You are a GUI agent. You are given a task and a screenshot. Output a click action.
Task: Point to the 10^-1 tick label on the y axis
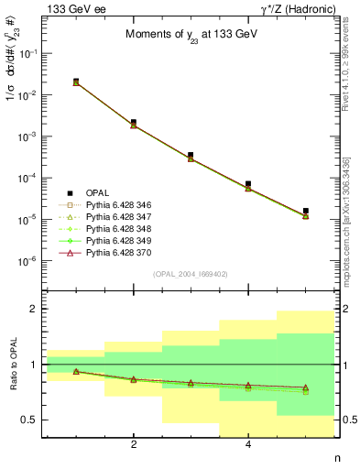click(30, 53)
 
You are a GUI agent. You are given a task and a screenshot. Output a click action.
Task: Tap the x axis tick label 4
click(248, 445)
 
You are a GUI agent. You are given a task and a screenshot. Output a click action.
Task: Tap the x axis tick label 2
click(134, 445)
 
